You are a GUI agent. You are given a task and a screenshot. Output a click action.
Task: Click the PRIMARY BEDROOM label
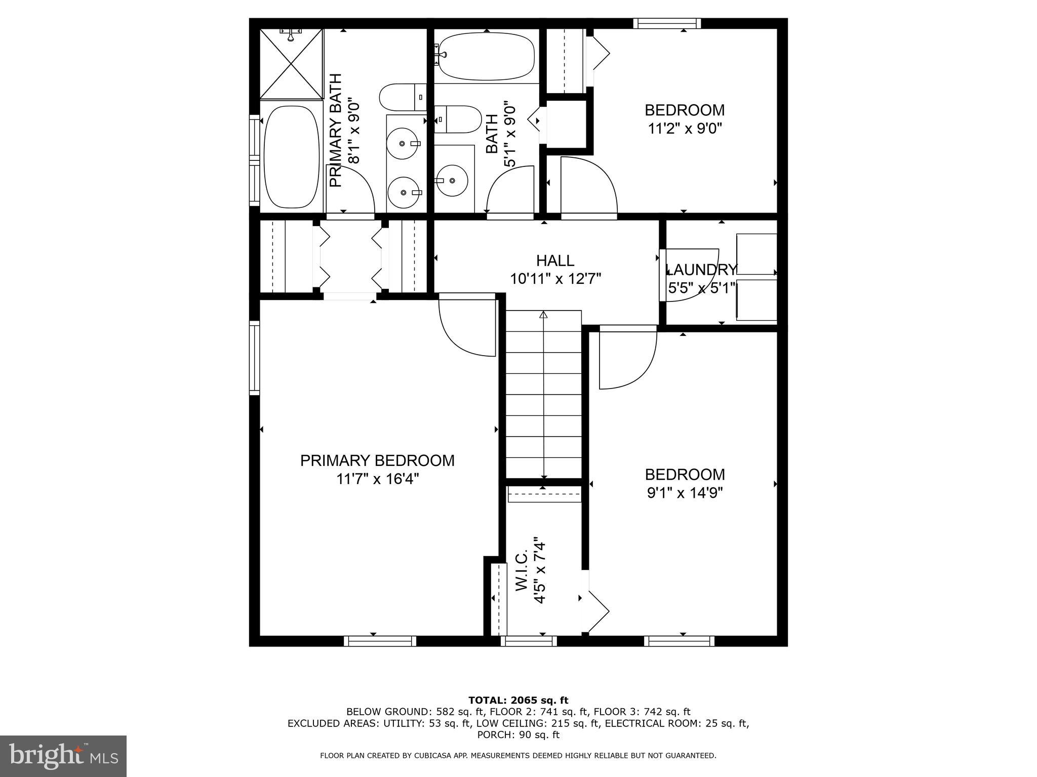click(377, 460)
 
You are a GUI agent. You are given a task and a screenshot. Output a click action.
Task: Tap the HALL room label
click(555, 261)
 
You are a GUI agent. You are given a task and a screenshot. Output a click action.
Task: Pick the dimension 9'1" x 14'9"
click(685, 493)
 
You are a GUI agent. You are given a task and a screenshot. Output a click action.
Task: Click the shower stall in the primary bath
click(291, 64)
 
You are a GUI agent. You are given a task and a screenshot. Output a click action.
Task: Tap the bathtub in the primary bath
click(292, 157)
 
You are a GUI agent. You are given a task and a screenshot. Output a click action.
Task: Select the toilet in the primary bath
click(403, 97)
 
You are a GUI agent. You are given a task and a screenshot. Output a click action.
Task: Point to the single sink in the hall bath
click(452, 181)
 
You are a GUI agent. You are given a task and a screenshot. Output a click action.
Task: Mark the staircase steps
click(543, 395)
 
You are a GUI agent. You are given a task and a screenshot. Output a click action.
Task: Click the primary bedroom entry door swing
click(466, 326)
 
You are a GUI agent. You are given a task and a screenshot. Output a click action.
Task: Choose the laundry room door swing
click(689, 276)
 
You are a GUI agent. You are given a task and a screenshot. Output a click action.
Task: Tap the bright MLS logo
click(63, 756)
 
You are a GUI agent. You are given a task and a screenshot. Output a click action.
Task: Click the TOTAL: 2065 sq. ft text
click(518, 700)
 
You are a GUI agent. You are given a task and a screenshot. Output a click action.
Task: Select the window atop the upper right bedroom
click(667, 23)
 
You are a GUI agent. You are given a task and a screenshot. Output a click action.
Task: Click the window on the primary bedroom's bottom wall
click(380, 641)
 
